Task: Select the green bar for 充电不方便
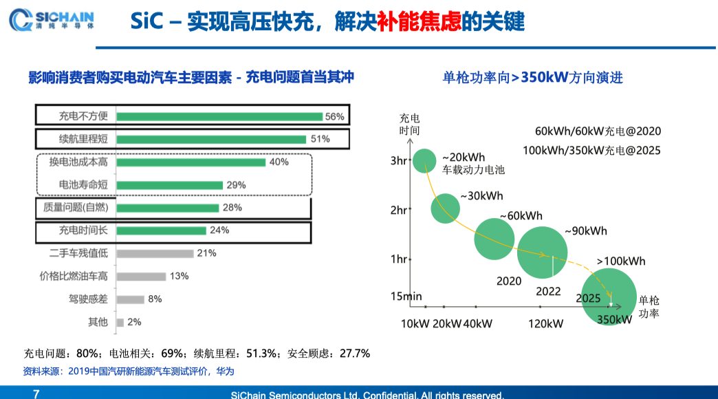(219, 117)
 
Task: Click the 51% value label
(320, 139)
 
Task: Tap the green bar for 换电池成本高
(191, 162)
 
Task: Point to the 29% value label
(236, 185)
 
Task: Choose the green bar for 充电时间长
(161, 230)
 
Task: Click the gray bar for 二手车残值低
(154, 253)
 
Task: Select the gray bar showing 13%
(141, 277)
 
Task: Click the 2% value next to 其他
(134, 322)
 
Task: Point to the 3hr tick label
(399, 162)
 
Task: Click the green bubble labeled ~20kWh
(425, 161)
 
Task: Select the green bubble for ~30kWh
(445, 208)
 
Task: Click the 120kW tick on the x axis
(546, 323)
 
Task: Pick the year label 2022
(549, 292)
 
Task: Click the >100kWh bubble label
(621, 261)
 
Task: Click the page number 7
(36, 394)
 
